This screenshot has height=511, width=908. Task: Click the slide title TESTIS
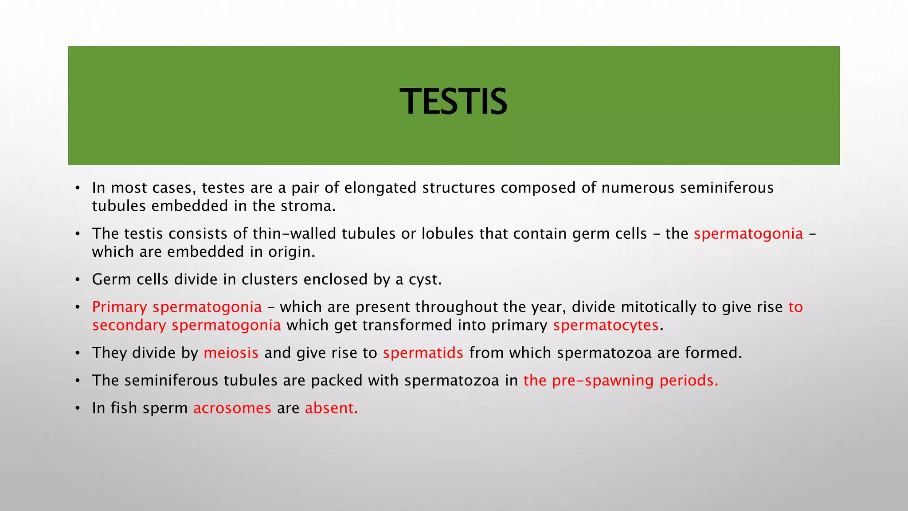coord(453,102)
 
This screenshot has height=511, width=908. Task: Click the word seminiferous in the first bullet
coord(727,188)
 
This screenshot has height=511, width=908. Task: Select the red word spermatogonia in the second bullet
coord(748,234)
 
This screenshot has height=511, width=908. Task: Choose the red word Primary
coord(119,307)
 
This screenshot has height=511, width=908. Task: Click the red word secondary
coord(129,326)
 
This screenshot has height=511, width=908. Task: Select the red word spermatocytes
coord(606,326)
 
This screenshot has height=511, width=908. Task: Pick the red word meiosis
coord(231,353)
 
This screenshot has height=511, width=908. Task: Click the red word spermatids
coord(423,353)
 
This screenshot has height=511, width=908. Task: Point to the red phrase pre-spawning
coord(603,381)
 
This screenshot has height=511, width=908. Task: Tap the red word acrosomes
coord(232,408)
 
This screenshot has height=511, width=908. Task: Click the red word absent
coord(331,408)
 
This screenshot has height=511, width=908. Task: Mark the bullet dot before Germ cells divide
coord(77,280)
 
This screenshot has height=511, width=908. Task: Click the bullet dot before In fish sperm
coord(77,409)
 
